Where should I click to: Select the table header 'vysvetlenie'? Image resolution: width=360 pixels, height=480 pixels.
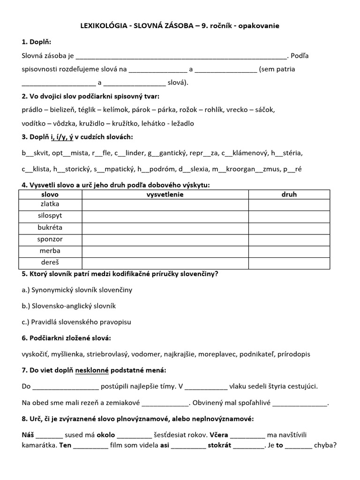[x=165, y=194]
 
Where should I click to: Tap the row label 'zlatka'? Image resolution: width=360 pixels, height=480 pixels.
[x=51, y=204]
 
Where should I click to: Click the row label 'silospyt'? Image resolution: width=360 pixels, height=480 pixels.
[x=51, y=216]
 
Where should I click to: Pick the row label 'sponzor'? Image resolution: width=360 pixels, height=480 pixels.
[x=51, y=239]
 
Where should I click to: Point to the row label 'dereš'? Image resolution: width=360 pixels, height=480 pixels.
[x=51, y=262]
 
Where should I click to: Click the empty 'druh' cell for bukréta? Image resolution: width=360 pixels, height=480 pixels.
[x=289, y=228]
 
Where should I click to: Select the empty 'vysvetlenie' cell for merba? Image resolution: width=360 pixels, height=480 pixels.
[x=165, y=251]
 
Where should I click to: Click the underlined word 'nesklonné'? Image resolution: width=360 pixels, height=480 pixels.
[x=92, y=370]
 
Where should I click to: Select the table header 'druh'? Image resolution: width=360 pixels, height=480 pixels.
[x=289, y=194]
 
